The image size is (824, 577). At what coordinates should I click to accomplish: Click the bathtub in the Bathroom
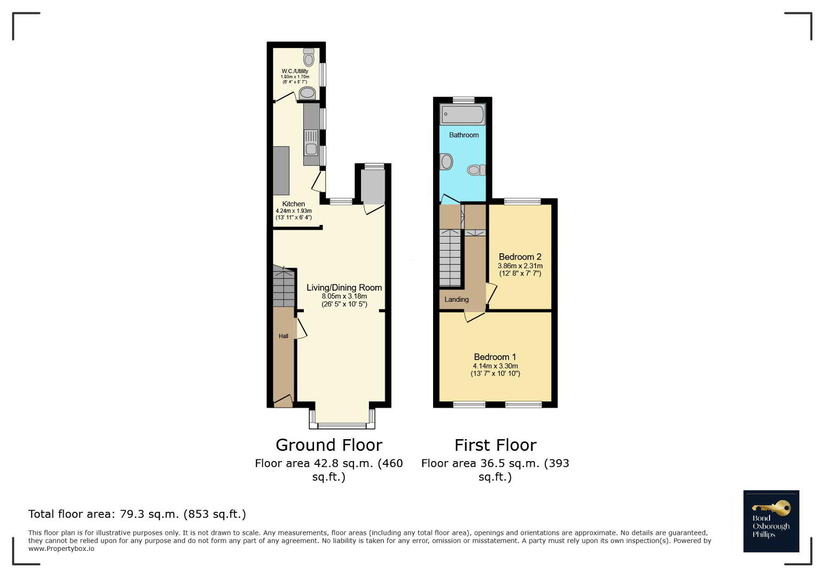click(463, 114)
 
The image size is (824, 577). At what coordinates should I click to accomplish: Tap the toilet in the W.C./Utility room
click(309, 57)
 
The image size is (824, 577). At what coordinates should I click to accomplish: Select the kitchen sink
click(311, 141)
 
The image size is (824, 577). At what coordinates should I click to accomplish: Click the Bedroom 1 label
click(495, 357)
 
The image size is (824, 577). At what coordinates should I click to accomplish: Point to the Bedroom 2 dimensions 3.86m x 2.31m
click(520, 266)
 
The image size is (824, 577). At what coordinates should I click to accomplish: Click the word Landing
click(457, 300)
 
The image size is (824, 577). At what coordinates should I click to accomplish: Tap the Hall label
click(283, 336)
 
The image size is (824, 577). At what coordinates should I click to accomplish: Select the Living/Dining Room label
click(344, 287)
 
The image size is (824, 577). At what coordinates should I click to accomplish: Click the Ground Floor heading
click(329, 445)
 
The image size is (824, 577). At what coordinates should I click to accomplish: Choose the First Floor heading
click(495, 445)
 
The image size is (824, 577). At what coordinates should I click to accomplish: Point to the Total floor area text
click(137, 514)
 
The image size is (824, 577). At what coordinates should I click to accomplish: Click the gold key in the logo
click(771, 508)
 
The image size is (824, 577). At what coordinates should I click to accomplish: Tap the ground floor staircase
click(284, 287)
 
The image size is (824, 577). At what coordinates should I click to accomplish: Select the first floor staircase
click(450, 258)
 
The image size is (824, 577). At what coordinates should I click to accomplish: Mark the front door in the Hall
click(283, 401)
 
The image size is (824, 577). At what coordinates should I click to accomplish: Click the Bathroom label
click(464, 135)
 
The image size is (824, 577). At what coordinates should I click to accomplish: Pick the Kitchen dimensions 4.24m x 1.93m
click(294, 211)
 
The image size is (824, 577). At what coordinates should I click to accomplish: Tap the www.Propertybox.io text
click(61, 549)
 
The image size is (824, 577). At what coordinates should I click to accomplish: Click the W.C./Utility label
click(295, 71)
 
